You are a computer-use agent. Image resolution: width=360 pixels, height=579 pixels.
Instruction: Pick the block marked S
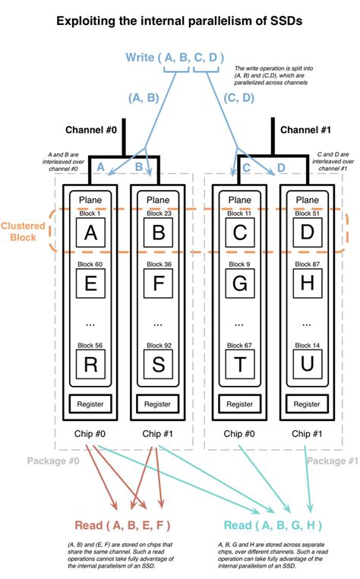pos(158,365)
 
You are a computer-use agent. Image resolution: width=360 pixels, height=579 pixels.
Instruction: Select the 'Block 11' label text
pos(239,214)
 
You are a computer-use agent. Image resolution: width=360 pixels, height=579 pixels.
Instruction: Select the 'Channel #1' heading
pos(305,130)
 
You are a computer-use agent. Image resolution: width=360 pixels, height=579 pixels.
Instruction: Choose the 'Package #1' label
pos(331,460)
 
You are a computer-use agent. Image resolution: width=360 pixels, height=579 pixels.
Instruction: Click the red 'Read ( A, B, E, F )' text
pos(122,526)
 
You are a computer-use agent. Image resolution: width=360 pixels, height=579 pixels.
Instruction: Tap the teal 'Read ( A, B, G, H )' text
pos(273,526)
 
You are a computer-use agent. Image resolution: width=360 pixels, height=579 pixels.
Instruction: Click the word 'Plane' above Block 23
pos(158,200)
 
